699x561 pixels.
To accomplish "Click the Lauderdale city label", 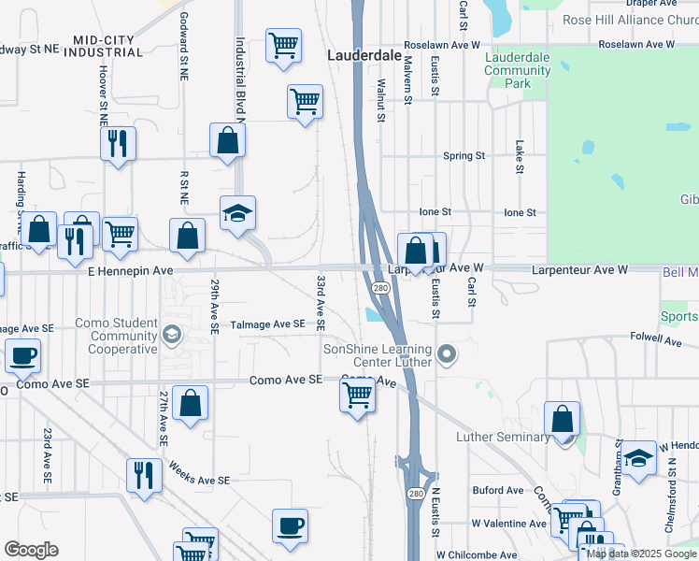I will tap(364, 56).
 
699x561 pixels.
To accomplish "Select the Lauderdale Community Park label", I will tap(517, 70).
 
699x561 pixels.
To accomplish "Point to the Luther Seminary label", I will tap(503, 438).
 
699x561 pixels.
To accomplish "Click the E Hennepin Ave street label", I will tap(131, 270).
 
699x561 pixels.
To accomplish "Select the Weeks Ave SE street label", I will tap(198, 481).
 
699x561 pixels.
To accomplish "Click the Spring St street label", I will tap(464, 156).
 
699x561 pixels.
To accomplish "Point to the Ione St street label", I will tap(435, 212).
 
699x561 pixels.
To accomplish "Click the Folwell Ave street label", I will tap(651, 336).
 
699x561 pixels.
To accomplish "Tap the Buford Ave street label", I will tap(498, 490).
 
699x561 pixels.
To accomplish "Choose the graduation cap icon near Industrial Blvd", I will tap(237, 213).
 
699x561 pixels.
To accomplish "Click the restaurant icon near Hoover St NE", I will tap(118, 143).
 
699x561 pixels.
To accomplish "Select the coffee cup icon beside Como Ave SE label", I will tap(23, 355).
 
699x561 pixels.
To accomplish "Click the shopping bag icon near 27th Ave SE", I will tap(190, 403).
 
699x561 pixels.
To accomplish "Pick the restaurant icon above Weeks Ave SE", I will tap(144, 474).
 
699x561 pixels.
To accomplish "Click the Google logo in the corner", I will tap(31, 550).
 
